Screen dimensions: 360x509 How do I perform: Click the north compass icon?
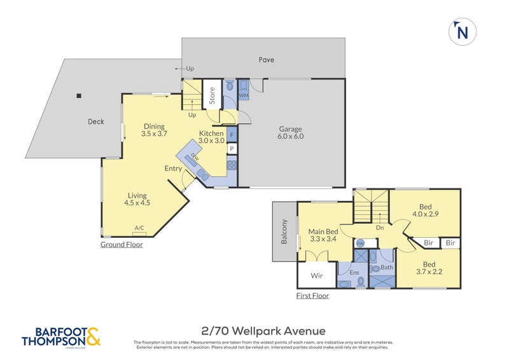pos(463,32)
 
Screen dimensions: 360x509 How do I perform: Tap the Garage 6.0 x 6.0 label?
pos(290,132)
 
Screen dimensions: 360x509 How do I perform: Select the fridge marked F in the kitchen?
pos(232,135)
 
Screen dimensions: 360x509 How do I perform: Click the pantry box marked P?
pos(232,149)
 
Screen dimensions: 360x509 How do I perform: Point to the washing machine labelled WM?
pos(243,89)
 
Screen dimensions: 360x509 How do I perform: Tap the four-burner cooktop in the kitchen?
pos(232,164)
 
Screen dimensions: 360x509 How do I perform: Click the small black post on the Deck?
pos(79,96)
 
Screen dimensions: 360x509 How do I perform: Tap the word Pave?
pos(266,60)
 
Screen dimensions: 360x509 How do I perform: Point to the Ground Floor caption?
pos(122,244)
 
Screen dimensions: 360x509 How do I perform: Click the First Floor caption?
pos(312,296)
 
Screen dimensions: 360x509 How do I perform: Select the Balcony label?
pos(284,232)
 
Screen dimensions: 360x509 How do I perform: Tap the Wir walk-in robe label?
pos(316,275)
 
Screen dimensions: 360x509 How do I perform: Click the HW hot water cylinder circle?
pos(360,243)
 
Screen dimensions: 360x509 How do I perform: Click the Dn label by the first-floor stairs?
pos(379,226)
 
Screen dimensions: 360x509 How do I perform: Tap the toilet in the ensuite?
pos(360,280)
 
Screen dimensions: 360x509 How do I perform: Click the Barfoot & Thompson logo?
pos(61,336)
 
